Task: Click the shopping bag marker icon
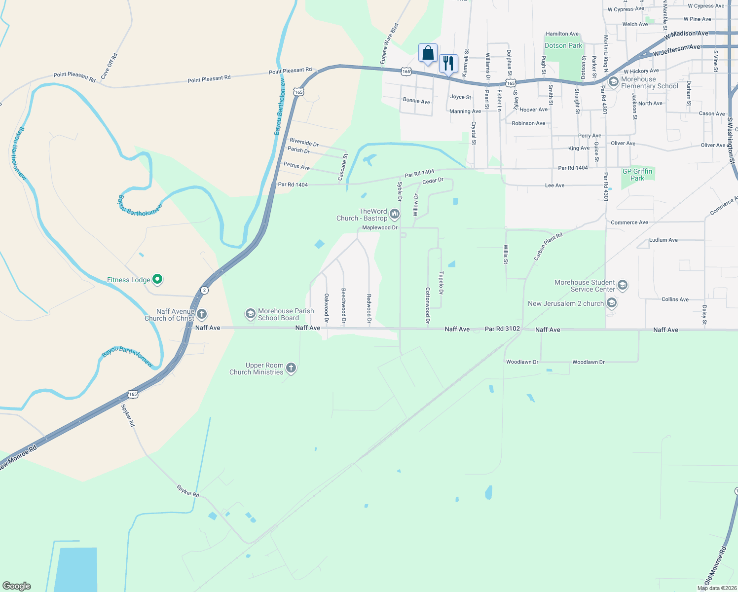tap(428, 53)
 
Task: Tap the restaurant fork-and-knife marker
tap(448, 63)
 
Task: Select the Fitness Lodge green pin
tap(157, 280)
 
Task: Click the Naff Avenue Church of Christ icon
tap(201, 314)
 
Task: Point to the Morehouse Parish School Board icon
tap(251, 314)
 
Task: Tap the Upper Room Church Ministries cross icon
tap(291, 368)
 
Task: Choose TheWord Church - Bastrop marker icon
tap(394, 214)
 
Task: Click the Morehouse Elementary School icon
tap(614, 82)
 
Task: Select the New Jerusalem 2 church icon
tap(612, 302)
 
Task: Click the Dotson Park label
tap(563, 45)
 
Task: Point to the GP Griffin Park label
tap(637, 175)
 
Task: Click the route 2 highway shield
tap(204, 290)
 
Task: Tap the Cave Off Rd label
tap(109, 67)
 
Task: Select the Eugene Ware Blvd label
tap(389, 43)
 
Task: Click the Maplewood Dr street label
tap(380, 227)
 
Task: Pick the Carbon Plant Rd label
tap(548, 247)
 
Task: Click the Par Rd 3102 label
tap(502, 329)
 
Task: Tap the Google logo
tap(17, 586)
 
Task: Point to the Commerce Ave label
tap(629, 222)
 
